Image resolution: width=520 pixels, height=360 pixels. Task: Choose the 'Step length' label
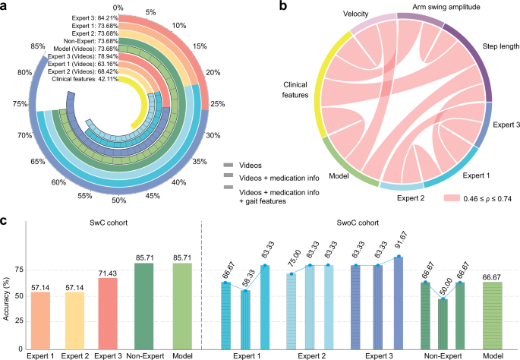tap(500, 46)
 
